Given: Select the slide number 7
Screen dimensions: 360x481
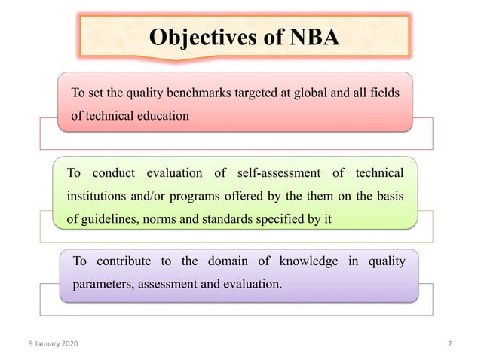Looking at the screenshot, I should coord(449,344).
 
